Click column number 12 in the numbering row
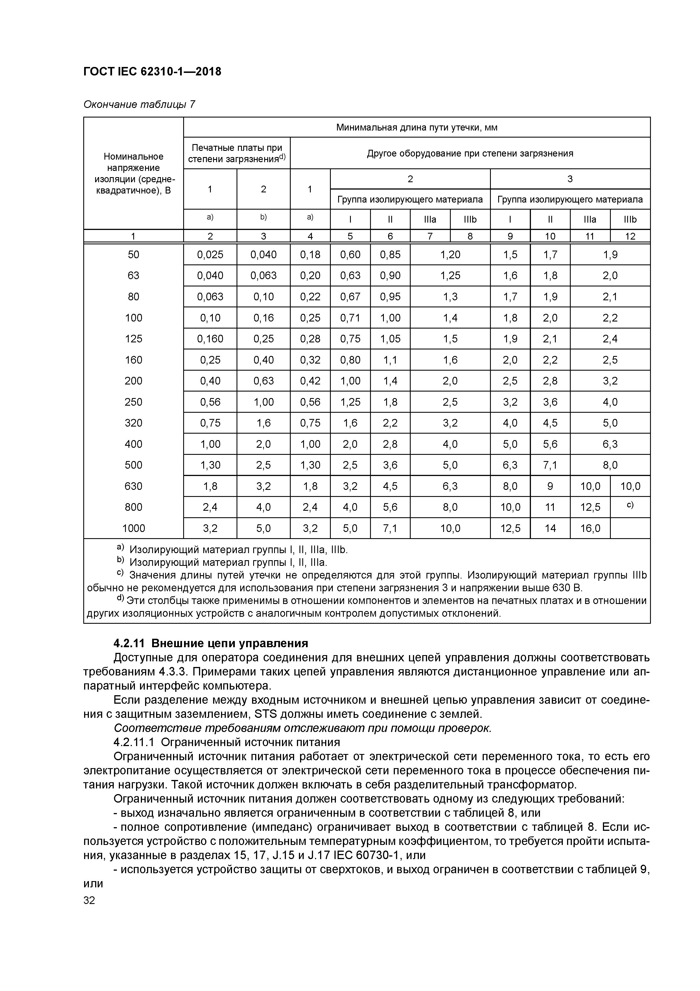(630, 236)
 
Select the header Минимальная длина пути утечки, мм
(417, 127)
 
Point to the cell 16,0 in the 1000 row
(590, 528)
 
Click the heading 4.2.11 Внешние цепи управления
(211, 644)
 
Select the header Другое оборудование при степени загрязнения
(470, 153)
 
